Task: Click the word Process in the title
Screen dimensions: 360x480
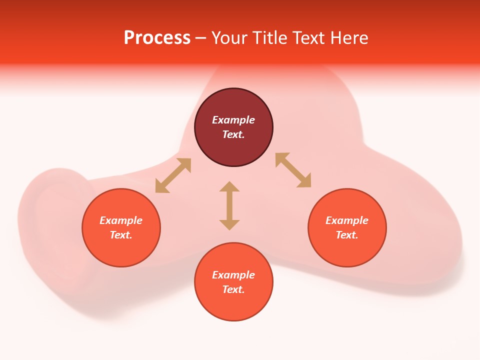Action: [x=157, y=38]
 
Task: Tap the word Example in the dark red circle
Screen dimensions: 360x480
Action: [x=233, y=120]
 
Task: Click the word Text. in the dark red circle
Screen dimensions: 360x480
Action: [x=233, y=134]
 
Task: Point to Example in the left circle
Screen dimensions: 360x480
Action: [x=121, y=220]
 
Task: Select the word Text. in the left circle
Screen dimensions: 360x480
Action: [x=121, y=235]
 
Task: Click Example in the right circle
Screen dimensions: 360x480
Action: [x=347, y=220]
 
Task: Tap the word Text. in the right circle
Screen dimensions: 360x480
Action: [x=347, y=235]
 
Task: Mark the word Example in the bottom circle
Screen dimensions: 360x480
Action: [x=233, y=275]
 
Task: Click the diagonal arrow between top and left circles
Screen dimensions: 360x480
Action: [x=173, y=175]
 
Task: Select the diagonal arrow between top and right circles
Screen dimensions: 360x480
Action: [x=293, y=170]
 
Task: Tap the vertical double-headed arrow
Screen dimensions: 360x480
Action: [x=229, y=205]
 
